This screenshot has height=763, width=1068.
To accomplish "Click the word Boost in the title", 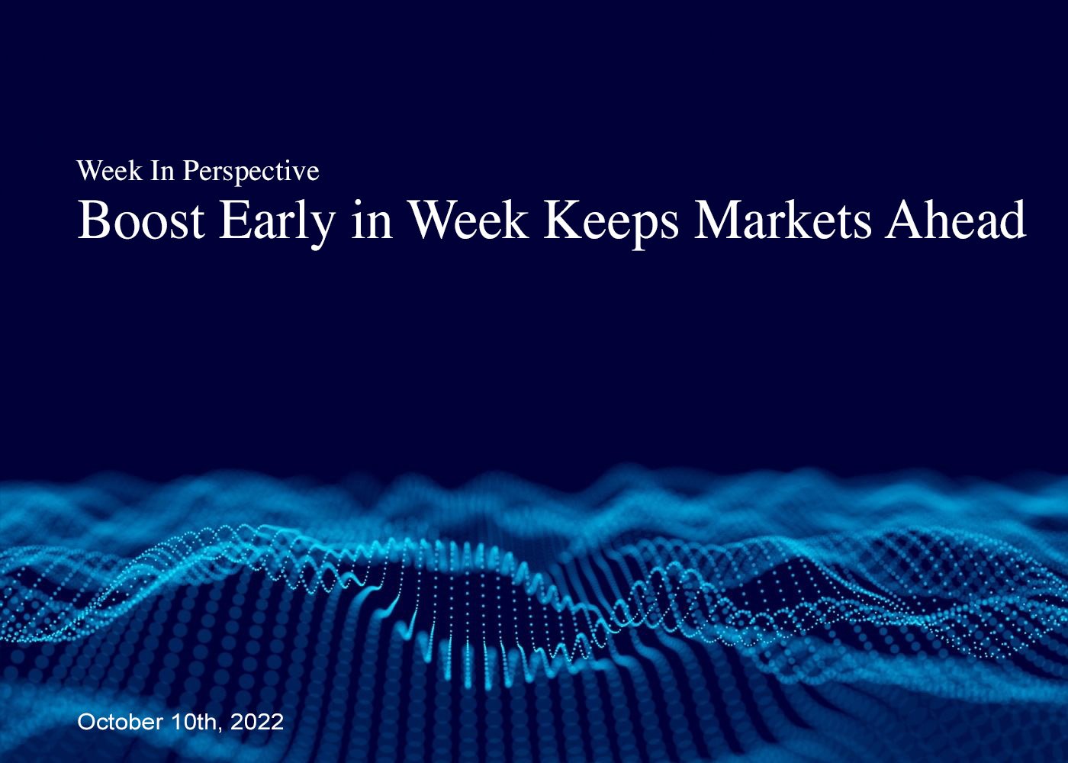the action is (x=141, y=221).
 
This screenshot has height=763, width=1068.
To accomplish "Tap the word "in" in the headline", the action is (x=372, y=221).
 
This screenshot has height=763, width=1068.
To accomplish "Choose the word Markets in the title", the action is (x=783, y=221).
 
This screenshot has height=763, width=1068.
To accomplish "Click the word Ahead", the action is (x=956, y=220).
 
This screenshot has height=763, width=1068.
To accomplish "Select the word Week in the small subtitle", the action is (x=109, y=171).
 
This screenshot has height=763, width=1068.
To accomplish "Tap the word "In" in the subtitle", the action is (x=162, y=171).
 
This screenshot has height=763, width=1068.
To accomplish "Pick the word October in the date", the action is (x=120, y=722).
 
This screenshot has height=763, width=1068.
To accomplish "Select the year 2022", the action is (x=257, y=722).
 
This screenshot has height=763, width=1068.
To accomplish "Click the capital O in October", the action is (x=85, y=722).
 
